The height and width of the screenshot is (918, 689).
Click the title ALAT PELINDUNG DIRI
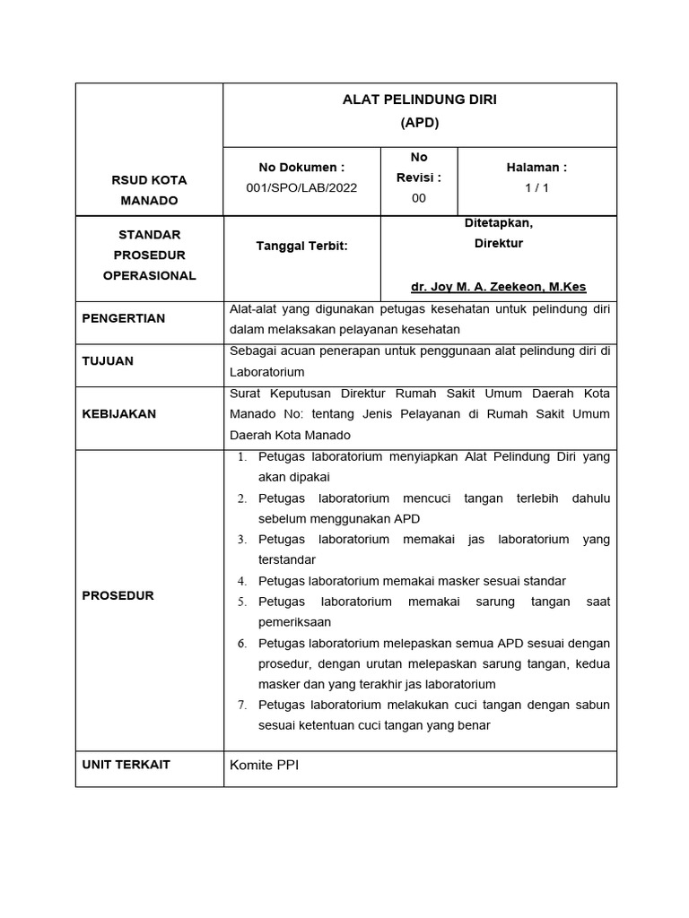click(419, 100)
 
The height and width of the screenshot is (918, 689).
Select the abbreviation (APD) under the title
click(419, 123)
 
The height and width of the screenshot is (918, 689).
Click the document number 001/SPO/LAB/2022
click(301, 187)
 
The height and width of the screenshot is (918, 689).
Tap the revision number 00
click(419, 198)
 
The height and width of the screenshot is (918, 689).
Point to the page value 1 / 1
click(536, 187)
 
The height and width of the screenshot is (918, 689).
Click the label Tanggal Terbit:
click(301, 247)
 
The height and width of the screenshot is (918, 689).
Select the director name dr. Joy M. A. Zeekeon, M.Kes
click(498, 287)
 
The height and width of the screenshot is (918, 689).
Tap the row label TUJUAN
click(108, 360)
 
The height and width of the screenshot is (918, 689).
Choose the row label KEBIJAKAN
click(118, 413)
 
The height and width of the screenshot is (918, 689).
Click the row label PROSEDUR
click(118, 595)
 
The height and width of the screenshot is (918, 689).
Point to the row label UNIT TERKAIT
click(126, 765)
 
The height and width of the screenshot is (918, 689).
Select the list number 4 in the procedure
click(242, 581)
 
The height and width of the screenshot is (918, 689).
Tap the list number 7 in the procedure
click(242, 706)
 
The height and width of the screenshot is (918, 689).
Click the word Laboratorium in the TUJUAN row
click(267, 371)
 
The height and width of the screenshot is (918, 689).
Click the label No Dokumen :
click(301, 167)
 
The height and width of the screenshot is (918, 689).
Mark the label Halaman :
click(536, 167)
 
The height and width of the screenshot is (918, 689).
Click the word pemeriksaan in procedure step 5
click(294, 622)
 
